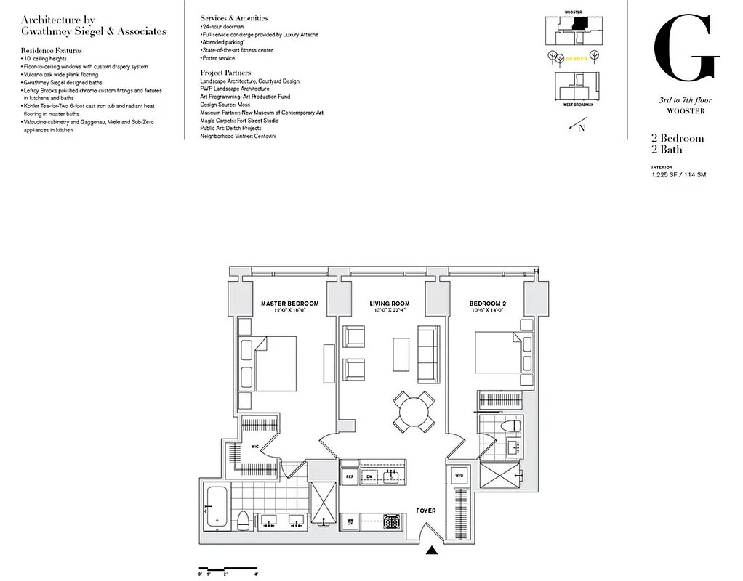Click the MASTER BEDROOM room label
coord(289,304)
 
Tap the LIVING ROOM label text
coord(389,304)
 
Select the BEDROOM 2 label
coord(486,304)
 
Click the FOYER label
coord(425,511)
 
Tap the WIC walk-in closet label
coord(255,446)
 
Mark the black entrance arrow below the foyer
coord(432,551)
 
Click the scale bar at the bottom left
coord(228,567)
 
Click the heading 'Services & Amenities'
coord(233,18)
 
